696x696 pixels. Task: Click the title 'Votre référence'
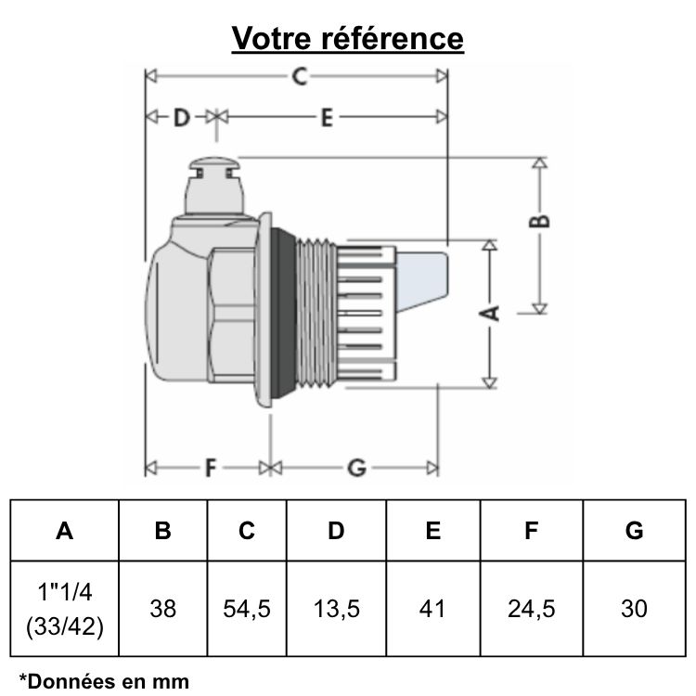(347, 38)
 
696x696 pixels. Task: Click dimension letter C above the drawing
(299, 77)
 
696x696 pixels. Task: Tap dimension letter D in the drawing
(181, 117)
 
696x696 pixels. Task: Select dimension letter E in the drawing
(327, 117)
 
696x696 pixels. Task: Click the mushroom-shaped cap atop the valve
(213, 169)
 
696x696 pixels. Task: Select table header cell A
(64, 531)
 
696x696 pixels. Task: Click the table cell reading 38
(162, 609)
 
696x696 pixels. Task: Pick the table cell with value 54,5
(247, 609)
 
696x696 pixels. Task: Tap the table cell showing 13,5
(336, 609)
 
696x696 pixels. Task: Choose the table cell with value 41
(432, 609)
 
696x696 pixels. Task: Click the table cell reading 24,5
(531, 609)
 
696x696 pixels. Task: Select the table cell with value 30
(634, 609)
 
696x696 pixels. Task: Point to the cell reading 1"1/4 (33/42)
(64, 609)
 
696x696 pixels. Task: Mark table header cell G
(634, 531)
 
